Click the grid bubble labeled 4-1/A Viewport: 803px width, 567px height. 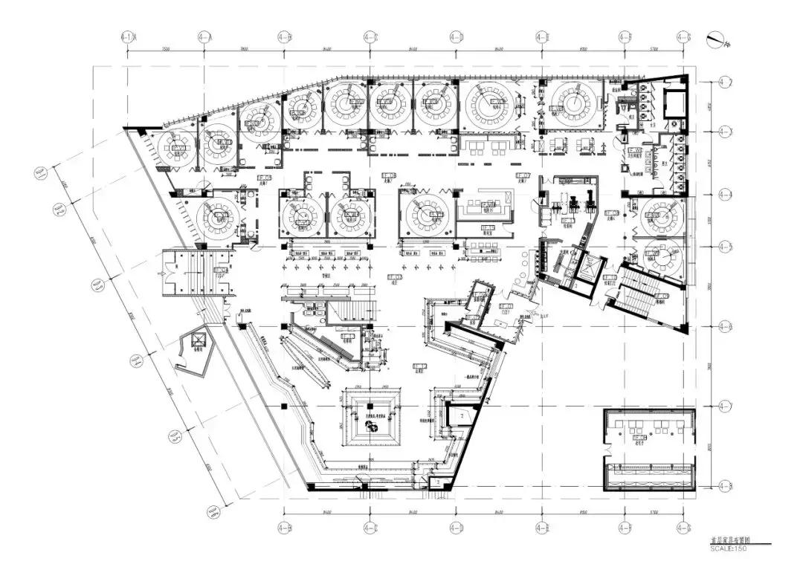click(128, 36)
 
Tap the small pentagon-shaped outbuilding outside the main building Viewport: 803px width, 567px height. click(196, 349)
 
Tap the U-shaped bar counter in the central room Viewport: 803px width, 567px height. click(486, 207)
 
